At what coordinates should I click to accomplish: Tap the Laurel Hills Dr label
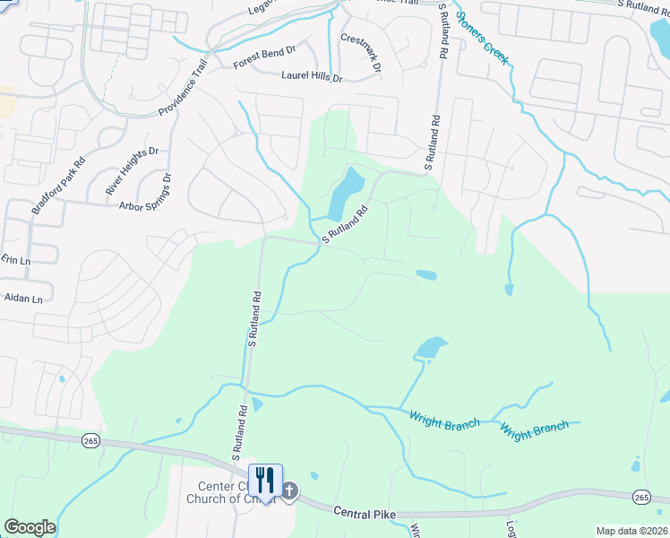(313, 78)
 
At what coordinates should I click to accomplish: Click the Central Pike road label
(365, 512)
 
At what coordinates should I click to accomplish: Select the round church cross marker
(290, 490)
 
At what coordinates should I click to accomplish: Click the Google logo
(30, 527)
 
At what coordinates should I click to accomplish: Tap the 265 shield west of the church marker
(90, 440)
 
